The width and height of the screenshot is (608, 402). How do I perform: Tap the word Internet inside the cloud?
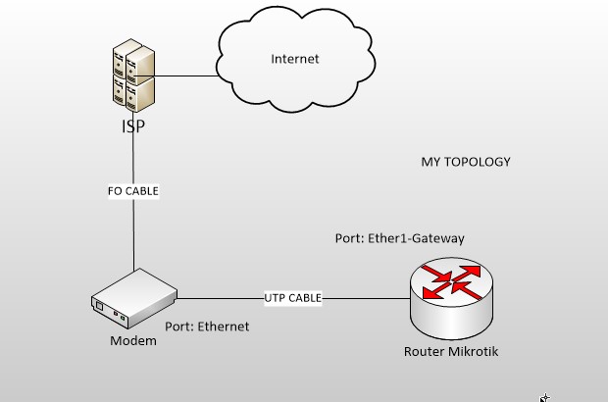click(x=295, y=59)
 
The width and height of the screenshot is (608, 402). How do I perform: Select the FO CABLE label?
click(x=133, y=191)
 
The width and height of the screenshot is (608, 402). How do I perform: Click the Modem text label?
click(x=133, y=341)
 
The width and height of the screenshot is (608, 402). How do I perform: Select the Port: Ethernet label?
click(x=207, y=327)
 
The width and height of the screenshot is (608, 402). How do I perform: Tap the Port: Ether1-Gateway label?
click(x=399, y=238)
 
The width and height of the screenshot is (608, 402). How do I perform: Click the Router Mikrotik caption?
click(x=451, y=352)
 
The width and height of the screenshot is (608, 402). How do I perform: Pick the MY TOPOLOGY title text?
click(x=466, y=162)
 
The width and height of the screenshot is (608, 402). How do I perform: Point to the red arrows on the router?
click(x=451, y=283)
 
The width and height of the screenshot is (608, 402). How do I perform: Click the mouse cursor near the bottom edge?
click(x=544, y=397)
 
